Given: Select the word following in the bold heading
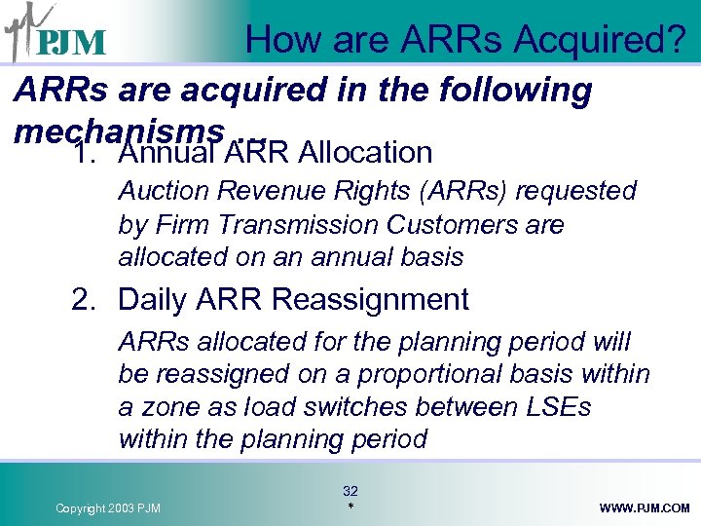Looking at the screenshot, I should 517,91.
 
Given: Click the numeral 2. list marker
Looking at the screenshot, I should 87,300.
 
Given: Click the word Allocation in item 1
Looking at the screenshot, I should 366,153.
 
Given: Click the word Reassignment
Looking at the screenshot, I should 370,300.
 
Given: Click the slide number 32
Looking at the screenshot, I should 350,491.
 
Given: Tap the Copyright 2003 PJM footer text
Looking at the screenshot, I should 108,508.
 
